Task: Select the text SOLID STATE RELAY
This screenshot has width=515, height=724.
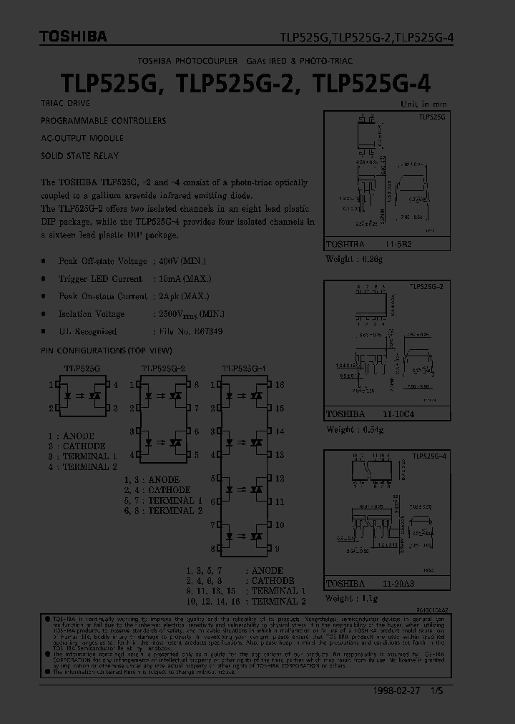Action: click(x=80, y=156)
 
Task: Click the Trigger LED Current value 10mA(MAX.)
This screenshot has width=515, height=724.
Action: click(x=182, y=279)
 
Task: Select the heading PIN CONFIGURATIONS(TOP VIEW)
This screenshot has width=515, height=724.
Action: click(x=107, y=351)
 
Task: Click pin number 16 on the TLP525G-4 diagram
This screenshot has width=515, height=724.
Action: click(x=280, y=385)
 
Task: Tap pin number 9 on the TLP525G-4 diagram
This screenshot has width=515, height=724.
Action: click(x=277, y=549)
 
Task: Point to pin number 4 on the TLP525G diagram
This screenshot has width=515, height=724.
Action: click(x=116, y=385)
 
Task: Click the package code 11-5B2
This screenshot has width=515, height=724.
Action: click(x=401, y=244)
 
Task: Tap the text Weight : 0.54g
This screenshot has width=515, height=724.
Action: click(x=355, y=429)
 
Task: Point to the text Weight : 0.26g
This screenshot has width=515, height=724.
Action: click(x=355, y=258)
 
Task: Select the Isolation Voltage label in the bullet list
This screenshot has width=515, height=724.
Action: click(x=92, y=314)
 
